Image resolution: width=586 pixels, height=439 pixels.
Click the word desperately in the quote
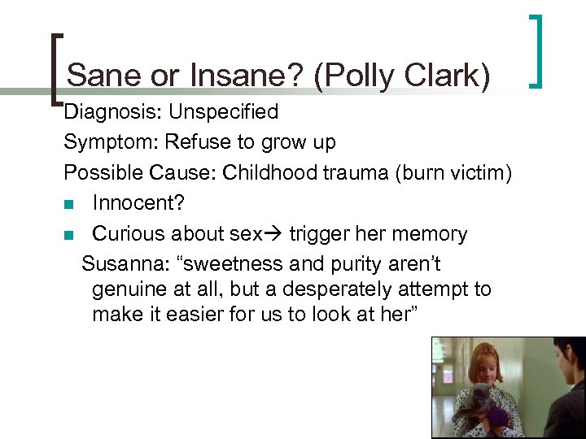pos(320,289)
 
